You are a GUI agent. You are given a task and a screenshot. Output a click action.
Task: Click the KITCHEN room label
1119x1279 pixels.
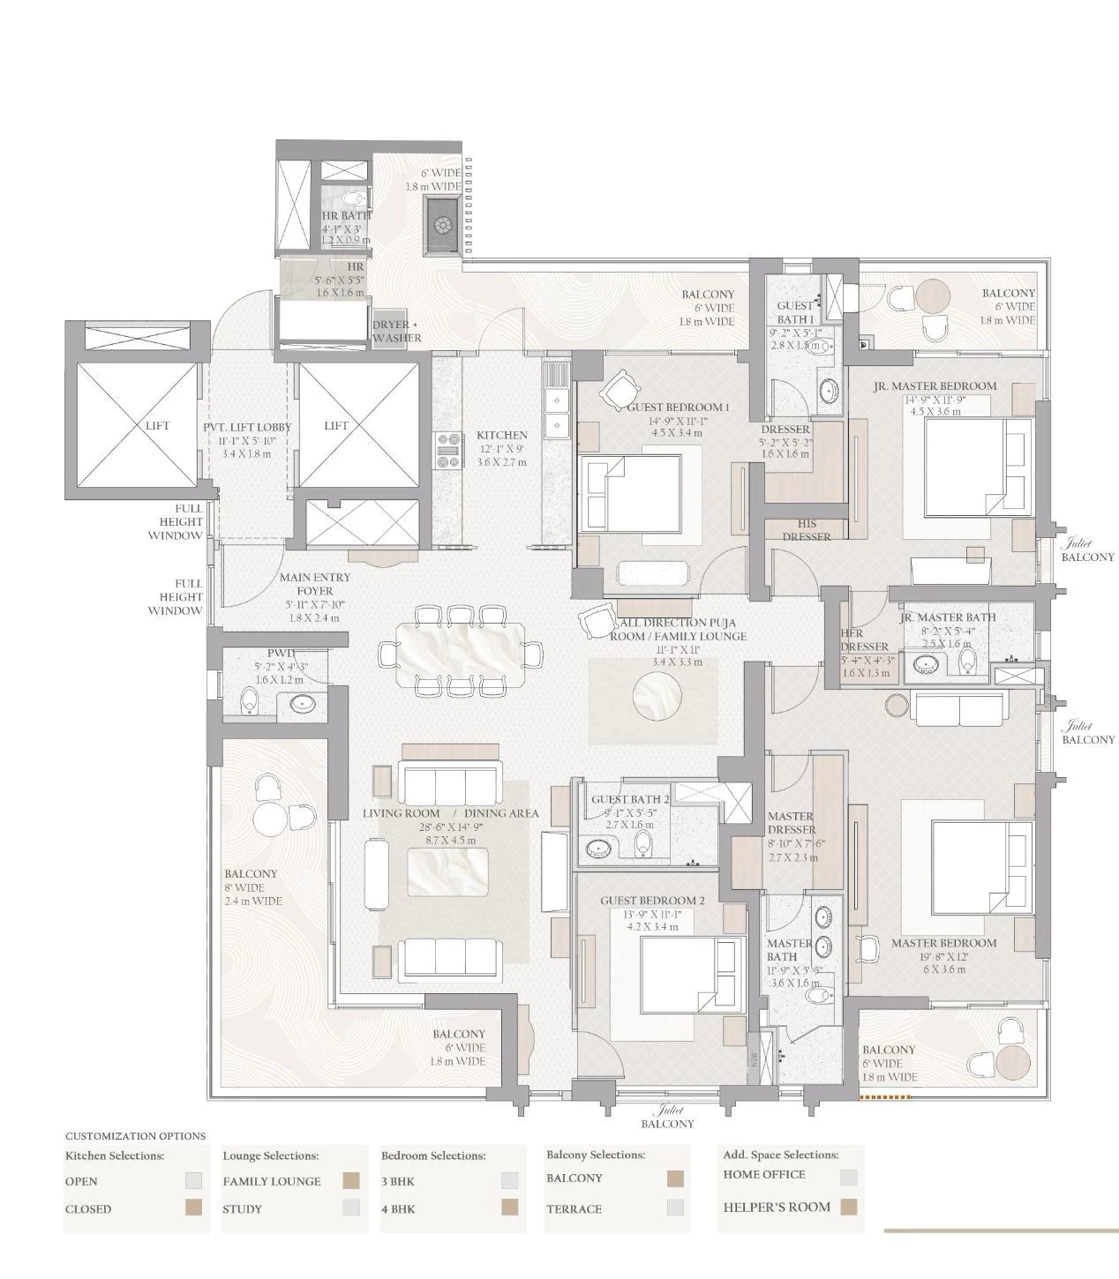[501, 435]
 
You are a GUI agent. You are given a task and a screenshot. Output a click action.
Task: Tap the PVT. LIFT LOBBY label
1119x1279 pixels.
[247, 427]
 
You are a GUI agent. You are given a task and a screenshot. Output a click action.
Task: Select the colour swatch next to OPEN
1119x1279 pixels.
[193, 1181]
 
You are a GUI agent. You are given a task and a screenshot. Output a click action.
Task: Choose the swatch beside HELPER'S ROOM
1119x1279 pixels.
[849, 1207]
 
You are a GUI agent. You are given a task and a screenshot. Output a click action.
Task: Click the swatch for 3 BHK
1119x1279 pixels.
[509, 1181]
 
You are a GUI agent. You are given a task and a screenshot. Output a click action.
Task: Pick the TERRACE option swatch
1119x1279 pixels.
[676, 1208]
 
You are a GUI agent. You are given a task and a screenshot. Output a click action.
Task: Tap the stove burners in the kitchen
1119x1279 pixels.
[448, 449]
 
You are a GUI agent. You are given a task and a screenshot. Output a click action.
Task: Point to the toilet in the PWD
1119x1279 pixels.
[250, 701]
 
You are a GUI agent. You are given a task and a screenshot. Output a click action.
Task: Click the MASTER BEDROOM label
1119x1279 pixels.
[943, 943]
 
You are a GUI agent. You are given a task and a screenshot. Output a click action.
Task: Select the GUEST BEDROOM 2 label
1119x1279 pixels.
[652, 901]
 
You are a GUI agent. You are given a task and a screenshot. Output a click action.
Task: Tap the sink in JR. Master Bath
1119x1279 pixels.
[927, 664]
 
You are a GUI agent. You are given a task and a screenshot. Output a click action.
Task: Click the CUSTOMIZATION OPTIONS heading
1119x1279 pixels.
[135, 1136]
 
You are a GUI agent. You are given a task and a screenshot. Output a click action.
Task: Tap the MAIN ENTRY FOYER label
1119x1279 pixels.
[315, 584]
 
